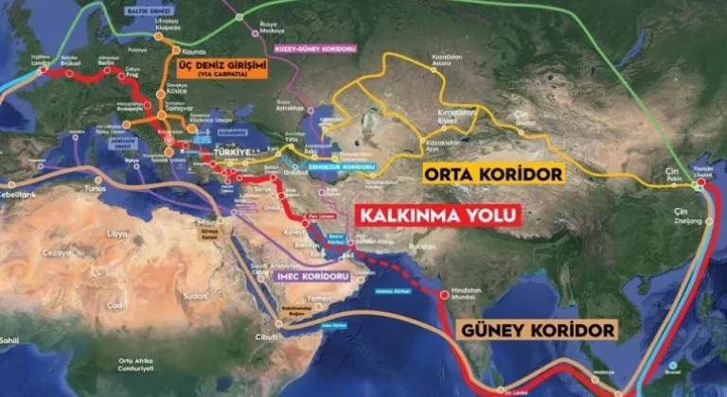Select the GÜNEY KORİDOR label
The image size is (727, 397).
point(537,330)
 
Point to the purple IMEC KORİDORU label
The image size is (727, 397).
point(314,276)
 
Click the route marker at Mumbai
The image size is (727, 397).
point(444,295)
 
